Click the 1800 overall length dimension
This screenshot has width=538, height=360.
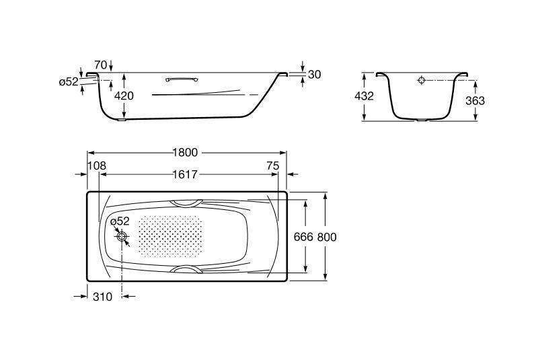tap(186, 152)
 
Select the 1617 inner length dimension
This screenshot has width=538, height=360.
tap(186, 175)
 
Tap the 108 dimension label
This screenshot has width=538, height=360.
tap(97, 166)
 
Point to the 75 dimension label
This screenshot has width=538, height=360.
tap(273, 166)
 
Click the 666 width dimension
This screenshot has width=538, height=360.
tap(303, 237)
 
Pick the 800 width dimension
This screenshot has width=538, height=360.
tap(327, 237)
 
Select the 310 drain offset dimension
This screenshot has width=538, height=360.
tap(103, 297)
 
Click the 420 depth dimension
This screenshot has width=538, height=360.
tap(124, 96)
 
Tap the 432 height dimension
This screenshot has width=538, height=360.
tap(364, 96)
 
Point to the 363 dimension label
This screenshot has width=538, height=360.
tap(475, 100)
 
